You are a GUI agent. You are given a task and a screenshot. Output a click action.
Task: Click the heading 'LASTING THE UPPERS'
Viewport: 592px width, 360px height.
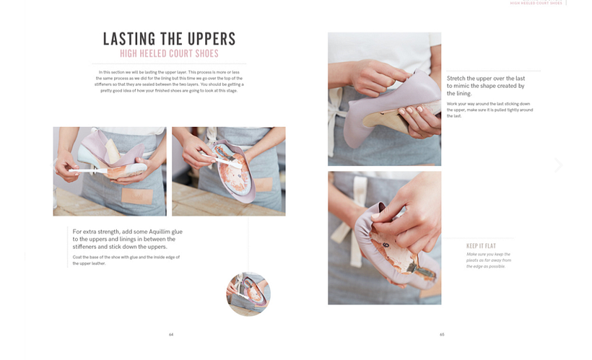(170, 39)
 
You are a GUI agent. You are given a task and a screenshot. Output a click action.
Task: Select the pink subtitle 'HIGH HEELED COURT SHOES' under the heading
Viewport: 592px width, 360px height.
(170, 54)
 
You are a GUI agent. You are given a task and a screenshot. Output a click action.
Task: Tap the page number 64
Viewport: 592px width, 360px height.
(171, 334)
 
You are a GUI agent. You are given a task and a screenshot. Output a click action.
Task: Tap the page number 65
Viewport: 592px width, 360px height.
(441, 334)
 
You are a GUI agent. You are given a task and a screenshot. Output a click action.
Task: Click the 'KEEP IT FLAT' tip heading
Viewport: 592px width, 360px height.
(481, 246)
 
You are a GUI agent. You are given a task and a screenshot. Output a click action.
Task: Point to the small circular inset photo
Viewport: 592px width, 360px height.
(248, 294)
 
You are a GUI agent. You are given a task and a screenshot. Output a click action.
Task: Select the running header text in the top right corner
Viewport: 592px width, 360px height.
(536, 3)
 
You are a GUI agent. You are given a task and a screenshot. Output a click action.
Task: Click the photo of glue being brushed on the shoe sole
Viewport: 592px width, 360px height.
(228, 171)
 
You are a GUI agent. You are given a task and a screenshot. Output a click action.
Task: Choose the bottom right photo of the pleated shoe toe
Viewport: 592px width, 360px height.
(384, 237)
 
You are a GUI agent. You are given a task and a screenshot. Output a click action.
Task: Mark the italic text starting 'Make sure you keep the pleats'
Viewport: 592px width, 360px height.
(489, 260)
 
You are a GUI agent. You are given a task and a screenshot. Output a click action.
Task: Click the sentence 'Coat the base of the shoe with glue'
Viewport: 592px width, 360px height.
(126, 260)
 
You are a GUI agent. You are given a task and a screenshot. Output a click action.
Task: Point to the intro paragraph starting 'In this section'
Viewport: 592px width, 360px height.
(170, 82)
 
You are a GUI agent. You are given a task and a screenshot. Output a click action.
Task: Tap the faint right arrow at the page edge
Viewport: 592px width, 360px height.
(558, 165)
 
